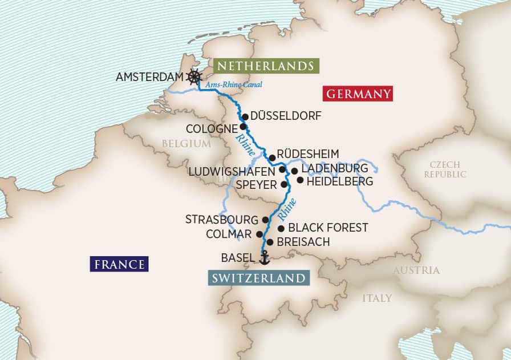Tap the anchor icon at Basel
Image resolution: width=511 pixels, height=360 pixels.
pyautogui.click(x=264, y=258)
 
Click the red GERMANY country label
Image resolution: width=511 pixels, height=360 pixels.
pyautogui.click(x=358, y=94)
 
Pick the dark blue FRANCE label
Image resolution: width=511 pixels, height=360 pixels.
pyautogui.click(x=119, y=264)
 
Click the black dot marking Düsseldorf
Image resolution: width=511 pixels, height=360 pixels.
pyautogui.click(x=245, y=116)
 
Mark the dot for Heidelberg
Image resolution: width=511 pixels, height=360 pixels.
pyautogui.click(x=301, y=180)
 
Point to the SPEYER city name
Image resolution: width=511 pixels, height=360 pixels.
pyautogui.click(x=257, y=185)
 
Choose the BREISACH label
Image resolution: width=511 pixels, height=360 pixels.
pyautogui.click(x=303, y=242)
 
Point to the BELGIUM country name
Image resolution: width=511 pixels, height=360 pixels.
pyautogui.click(x=186, y=144)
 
